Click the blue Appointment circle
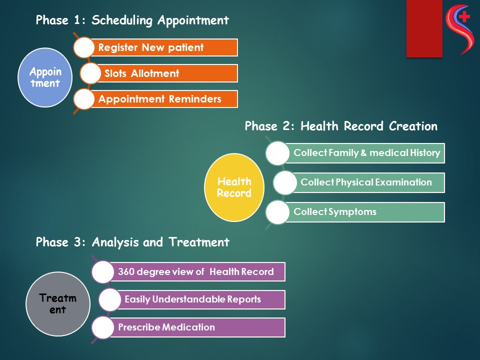[45, 77]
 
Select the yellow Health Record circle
[234, 187]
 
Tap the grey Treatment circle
[58, 304]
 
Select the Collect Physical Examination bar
[367, 182]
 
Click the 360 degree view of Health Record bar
[196, 271]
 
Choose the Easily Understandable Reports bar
[200, 299]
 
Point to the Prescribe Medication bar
[196, 327]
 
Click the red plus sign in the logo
[464, 16]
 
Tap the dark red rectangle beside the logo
[424, 28]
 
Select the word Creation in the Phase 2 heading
[413, 126]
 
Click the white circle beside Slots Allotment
[90, 73]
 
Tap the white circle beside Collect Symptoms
[277, 212]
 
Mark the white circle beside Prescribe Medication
[103, 327]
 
